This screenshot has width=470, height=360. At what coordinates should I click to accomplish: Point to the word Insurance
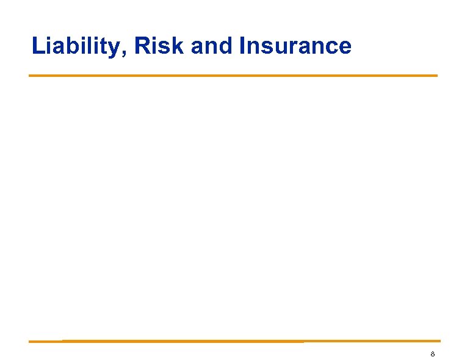(295, 46)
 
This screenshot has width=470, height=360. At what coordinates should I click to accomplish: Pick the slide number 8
(432, 354)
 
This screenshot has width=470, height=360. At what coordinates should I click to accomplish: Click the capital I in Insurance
(243, 46)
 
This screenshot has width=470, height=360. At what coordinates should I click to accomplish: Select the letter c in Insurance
(331, 48)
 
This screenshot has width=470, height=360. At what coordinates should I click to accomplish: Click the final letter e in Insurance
(344, 48)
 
